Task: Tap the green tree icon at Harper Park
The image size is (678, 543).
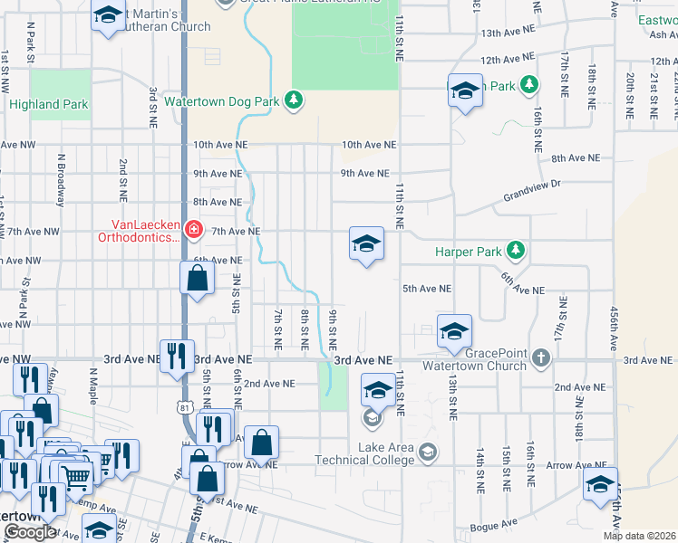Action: [x=516, y=250]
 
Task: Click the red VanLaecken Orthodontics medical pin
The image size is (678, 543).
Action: [x=192, y=230]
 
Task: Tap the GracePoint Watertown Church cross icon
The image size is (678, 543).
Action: [x=541, y=357]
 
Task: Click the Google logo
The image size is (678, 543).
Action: [x=30, y=532]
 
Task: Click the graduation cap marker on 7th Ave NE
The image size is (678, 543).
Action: [x=366, y=244]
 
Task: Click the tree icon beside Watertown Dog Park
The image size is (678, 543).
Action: [x=293, y=99]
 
